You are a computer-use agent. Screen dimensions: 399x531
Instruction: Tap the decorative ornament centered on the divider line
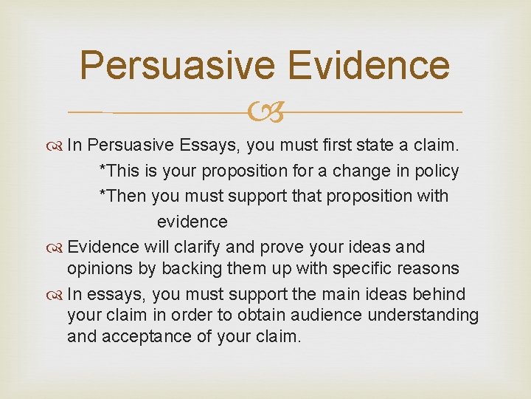point(265,112)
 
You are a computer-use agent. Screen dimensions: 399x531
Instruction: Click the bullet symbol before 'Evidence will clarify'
point(58,247)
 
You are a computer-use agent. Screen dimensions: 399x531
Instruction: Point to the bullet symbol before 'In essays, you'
point(58,294)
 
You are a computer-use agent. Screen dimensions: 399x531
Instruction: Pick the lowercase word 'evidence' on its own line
point(192,222)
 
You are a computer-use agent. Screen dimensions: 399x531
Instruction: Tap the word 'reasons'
point(427,268)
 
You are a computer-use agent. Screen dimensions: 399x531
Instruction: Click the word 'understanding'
point(428,316)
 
